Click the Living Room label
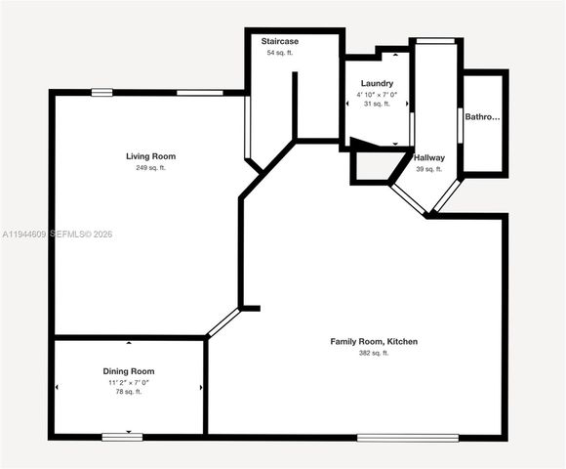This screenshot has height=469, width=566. pos(150,156)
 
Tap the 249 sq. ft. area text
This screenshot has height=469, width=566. pos(150,168)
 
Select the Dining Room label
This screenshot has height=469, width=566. pos(129,371)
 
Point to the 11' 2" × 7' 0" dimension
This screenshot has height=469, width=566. pos(129,382)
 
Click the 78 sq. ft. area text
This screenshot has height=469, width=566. pos(129,392)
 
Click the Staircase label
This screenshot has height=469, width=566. pos(280,42)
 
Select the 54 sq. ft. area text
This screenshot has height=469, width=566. pos(280,53)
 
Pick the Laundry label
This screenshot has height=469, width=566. pos(376,84)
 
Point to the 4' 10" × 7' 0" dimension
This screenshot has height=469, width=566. pos(376,94)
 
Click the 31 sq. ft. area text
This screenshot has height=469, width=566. pos(376,104)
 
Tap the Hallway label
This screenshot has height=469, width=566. pos(428,157)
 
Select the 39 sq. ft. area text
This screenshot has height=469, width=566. pos(428,169)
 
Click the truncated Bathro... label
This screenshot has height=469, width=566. pos(482,117)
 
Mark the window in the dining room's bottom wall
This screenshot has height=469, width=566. pos(122,436)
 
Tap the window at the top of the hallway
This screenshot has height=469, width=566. pos(436,40)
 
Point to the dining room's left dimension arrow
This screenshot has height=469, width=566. pos(57,388)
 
